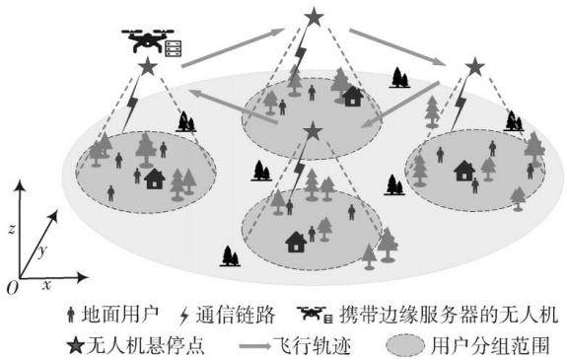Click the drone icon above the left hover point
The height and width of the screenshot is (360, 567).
click(x=148, y=40)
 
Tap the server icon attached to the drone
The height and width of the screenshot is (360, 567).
click(x=174, y=48)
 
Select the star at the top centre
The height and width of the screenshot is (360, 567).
click(x=314, y=17)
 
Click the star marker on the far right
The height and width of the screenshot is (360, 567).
click(x=474, y=67)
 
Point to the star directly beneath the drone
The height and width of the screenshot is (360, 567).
click(x=148, y=66)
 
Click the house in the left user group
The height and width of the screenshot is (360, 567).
click(x=155, y=179)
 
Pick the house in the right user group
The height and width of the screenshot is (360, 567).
click(x=464, y=171)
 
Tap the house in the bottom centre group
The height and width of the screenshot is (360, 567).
click(x=296, y=242)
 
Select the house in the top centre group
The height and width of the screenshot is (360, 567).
click(x=353, y=97)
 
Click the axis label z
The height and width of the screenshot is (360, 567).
click(x=12, y=228)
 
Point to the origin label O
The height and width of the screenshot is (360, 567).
click(x=12, y=288)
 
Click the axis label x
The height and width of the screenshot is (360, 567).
click(x=46, y=285)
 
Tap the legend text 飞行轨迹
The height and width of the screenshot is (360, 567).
click(x=312, y=345)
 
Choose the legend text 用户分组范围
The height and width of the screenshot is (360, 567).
click(x=491, y=345)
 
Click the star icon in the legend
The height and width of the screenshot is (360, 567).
click(x=76, y=345)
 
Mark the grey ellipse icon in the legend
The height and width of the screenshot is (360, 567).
click(x=405, y=345)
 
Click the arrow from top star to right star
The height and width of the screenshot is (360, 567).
click(x=397, y=47)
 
